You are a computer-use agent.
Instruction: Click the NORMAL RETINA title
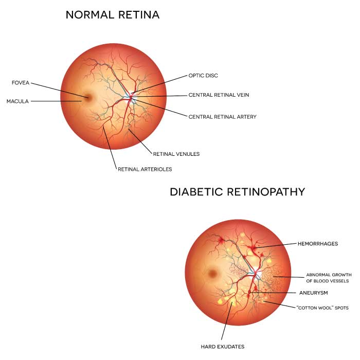[113, 15]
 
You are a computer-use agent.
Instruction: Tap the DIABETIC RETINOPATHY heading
[237, 192]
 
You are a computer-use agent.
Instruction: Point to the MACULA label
[17, 101]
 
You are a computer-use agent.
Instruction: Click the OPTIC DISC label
[203, 76]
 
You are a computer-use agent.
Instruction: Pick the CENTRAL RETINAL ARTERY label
[222, 117]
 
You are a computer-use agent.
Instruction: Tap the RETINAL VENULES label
[176, 154]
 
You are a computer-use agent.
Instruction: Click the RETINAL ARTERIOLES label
[145, 169]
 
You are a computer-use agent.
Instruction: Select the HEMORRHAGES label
[317, 244]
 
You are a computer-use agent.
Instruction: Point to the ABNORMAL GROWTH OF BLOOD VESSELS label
[328, 278]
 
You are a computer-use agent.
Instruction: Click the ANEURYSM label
[313, 293]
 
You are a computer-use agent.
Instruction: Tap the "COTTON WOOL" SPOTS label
[322, 308]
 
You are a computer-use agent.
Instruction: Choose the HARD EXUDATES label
[222, 346]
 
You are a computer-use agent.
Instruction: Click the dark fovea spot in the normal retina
[87, 97]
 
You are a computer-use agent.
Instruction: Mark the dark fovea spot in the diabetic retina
[211, 274]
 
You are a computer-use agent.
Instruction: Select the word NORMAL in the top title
[85, 15]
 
